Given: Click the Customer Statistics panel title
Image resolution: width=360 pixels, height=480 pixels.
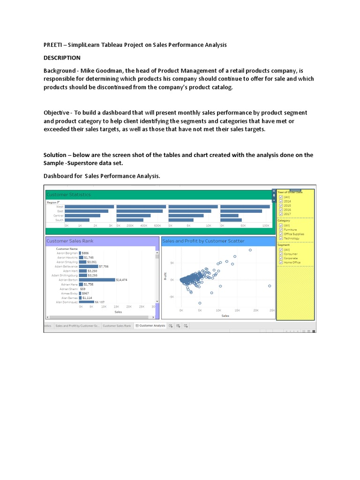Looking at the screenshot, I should tap(68, 195).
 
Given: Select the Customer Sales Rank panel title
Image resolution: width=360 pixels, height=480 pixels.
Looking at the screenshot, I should tap(70, 241).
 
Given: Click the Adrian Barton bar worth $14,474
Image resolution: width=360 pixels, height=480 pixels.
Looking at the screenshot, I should tap(97, 280).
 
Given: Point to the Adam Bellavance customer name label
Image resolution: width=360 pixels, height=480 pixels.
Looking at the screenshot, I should tap(66, 266).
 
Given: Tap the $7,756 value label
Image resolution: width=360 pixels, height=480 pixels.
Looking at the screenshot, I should tap(104, 266).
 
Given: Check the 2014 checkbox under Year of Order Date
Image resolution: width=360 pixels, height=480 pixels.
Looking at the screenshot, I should tap(281, 201).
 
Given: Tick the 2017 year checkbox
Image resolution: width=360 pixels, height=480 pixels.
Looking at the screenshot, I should tap(281, 214).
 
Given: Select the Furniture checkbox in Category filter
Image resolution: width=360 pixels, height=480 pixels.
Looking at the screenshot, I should tap(281, 230).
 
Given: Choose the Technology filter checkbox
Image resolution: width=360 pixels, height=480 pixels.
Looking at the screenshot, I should tap(281, 238).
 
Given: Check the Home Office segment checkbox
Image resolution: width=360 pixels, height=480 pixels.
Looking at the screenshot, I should tap(281, 262).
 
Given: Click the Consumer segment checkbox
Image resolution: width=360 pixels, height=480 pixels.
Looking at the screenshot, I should tap(281, 254).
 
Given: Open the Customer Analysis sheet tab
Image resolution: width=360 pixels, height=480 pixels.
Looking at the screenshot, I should tap(152, 325).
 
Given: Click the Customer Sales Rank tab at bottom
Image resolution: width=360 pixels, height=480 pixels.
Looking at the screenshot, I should tap(117, 325).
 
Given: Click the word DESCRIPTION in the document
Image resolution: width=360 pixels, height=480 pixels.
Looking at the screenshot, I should tap(62, 58).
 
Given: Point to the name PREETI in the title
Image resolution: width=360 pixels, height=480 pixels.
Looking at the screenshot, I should tap(52, 45).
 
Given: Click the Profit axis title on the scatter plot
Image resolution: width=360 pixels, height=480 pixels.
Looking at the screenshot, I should tap(165, 277).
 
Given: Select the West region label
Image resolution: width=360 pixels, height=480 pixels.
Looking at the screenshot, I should tap(60, 207).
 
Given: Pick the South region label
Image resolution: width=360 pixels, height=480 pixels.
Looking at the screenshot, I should tap(60, 220).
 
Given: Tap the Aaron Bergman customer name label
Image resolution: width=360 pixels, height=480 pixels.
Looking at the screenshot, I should tap(67, 253).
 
